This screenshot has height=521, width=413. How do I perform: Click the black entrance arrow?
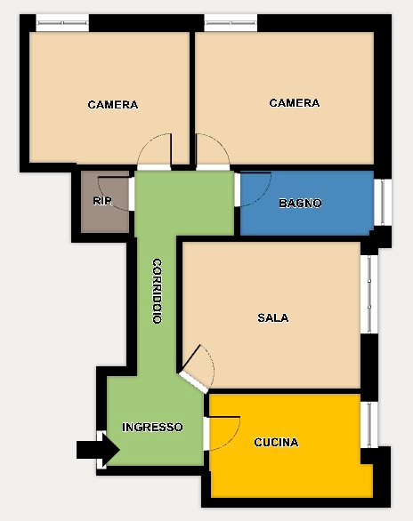tap(98, 450)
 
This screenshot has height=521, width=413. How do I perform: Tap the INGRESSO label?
tap(152, 427)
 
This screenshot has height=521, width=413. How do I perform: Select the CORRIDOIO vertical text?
tap(157, 291)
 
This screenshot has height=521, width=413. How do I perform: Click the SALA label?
tap(273, 317)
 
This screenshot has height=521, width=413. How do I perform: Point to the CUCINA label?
tap(276, 442)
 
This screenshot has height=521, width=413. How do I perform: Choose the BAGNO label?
tap(300, 203)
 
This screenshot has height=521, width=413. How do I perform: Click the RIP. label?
tap(103, 201)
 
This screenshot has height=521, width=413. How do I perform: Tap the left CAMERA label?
tap(113, 105)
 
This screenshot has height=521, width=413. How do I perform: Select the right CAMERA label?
tap(295, 103)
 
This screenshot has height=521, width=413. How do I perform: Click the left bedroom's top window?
tap(62, 23)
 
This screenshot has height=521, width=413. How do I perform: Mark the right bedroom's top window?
tap(231, 23)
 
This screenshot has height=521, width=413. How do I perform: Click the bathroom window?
tap(383, 203)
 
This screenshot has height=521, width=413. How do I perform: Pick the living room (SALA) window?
tap(369, 294)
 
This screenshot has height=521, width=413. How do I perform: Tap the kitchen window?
tap(369, 425)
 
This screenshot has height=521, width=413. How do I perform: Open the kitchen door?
tap(222, 433)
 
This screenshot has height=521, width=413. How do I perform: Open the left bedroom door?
tap(154, 152)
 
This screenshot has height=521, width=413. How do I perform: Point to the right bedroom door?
tap(213, 152)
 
